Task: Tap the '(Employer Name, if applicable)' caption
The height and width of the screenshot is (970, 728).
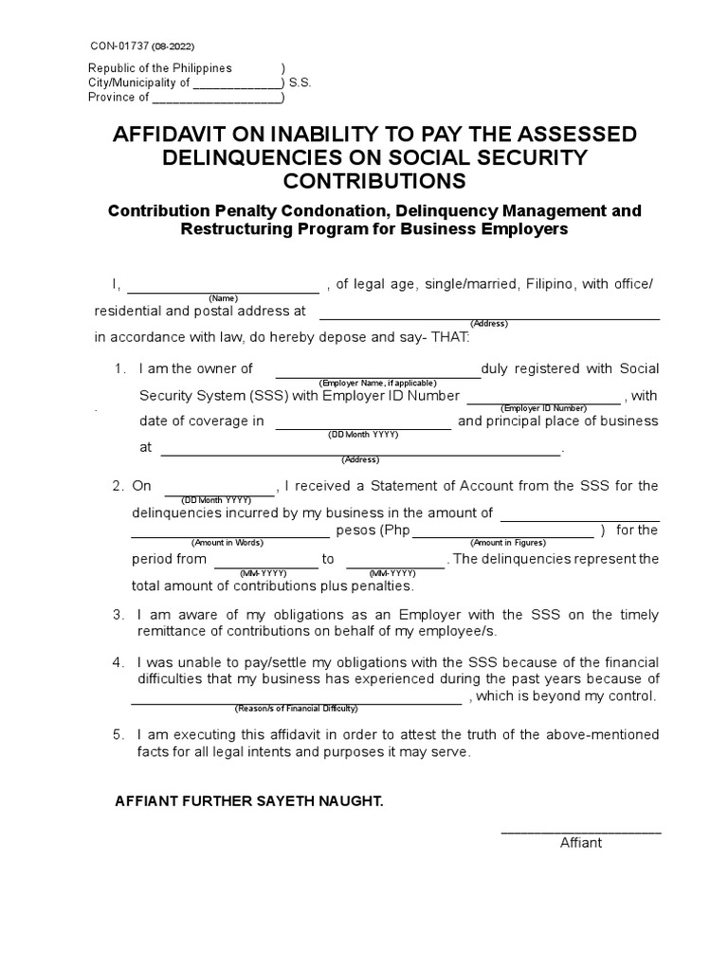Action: tap(377, 382)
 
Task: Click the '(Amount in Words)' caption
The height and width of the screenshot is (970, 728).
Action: tap(227, 543)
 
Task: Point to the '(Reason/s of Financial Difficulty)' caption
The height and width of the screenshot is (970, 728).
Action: tap(296, 709)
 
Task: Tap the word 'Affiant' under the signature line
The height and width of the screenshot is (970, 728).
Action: tap(580, 843)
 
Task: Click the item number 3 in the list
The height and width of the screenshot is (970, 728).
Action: tap(118, 615)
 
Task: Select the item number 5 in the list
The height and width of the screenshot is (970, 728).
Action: tap(118, 735)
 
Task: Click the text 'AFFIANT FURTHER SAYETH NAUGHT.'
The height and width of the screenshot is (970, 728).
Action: tap(248, 801)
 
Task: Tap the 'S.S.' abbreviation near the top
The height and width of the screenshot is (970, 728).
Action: tap(300, 82)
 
